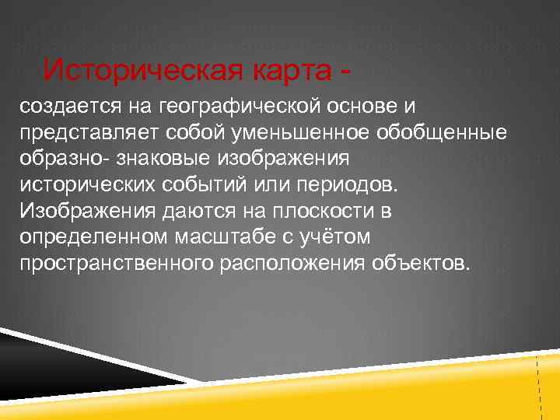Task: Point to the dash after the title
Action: (x=343, y=73)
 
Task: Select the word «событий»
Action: (x=189, y=184)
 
